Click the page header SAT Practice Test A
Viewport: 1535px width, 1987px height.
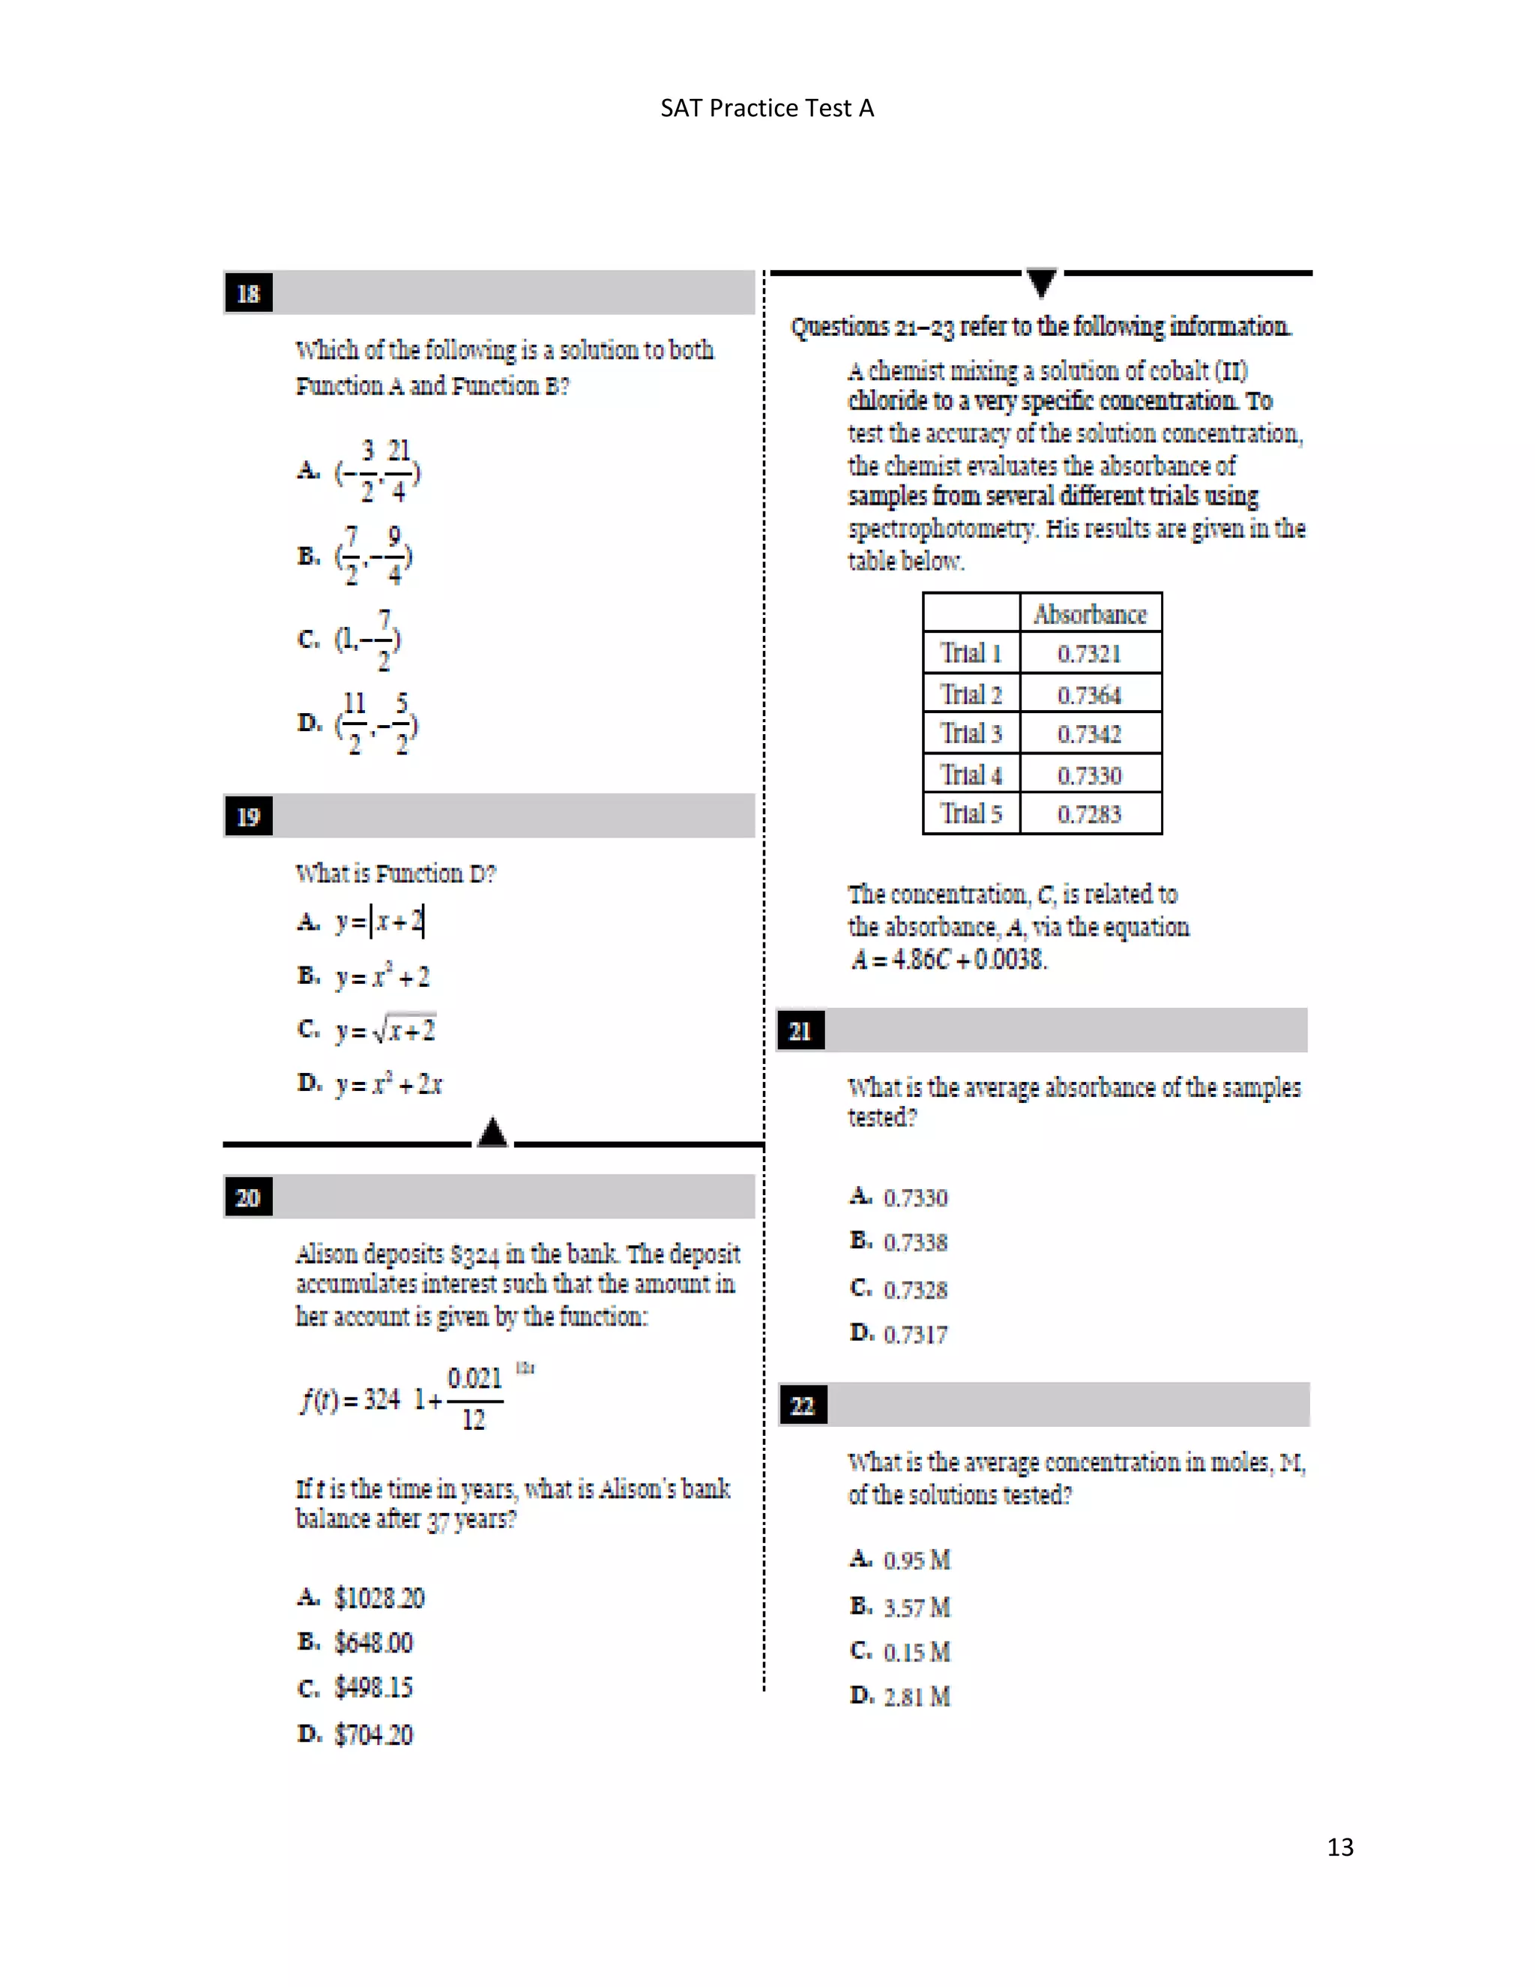(x=767, y=108)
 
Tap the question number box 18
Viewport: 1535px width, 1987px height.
(x=248, y=294)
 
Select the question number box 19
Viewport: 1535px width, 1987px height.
(x=248, y=816)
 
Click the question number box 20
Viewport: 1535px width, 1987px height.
(x=248, y=1197)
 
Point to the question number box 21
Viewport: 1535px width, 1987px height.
(x=800, y=1031)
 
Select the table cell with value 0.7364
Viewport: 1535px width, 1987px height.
(x=1089, y=695)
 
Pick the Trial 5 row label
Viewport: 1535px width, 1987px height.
(x=971, y=814)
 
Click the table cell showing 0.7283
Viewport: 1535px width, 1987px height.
(x=1089, y=814)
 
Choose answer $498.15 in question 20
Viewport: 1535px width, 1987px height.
(x=373, y=1688)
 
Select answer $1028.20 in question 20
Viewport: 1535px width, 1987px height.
(x=379, y=1599)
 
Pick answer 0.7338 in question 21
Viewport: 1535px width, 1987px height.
(x=915, y=1242)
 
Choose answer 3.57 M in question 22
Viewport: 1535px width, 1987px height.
(x=917, y=1608)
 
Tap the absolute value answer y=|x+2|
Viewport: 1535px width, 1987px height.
(x=379, y=922)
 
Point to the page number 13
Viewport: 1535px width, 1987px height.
(x=1339, y=1847)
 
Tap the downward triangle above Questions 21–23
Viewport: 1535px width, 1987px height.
(x=1041, y=281)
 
